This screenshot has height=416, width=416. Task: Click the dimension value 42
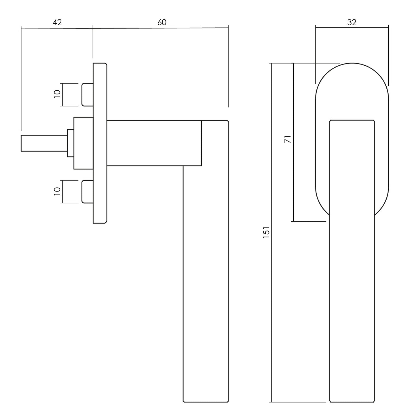[x=57, y=22]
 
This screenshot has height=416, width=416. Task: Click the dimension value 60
[x=162, y=22]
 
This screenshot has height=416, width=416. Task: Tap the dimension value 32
[x=352, y=22]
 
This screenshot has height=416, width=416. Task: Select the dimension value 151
[x=266, y=232]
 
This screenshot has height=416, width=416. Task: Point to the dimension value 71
[x=288, y=139]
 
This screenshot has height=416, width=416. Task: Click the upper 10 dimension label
[x=57, y=94]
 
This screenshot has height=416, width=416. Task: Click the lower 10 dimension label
[x=57, y=191]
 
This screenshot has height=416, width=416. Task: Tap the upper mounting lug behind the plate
[x=88, y=94]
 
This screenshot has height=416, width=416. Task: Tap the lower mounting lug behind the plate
[x=88, y=192]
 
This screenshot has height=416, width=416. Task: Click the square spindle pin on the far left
[x=44, y=143]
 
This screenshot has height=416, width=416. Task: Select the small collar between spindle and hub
[x=70, y=143]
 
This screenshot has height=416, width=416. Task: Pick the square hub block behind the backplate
[x=83, y=143]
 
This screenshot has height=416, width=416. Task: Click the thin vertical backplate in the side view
[x=100, y=143]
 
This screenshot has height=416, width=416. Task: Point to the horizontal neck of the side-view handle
[x=154, y=143]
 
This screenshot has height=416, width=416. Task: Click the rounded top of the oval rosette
[x=352, y=80]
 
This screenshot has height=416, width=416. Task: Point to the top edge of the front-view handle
[x=352, y=120]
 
